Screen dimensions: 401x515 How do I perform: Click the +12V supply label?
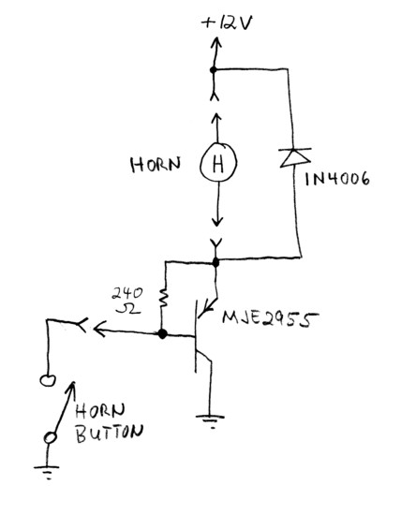coord(227,23)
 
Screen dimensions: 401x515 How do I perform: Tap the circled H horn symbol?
coord(218,163)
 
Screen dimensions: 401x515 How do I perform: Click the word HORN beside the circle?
coord(156,164)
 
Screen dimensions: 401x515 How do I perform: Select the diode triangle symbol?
coord(295,158)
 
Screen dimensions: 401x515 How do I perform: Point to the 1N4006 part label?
coord(337,180)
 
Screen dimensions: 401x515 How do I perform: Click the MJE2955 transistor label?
coord(270,318)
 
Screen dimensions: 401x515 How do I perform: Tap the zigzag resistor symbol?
coord(163,298)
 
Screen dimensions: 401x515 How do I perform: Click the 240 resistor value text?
coord(127,293)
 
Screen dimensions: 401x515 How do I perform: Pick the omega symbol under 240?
coord(128,308)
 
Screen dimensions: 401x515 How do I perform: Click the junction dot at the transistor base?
coord(162,334)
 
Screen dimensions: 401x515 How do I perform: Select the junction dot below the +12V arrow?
coord(214,69)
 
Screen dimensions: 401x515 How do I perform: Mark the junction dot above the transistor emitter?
coord(215,262)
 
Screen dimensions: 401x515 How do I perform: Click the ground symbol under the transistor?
coord(211,421)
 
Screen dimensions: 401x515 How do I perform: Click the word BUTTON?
coord(110,434)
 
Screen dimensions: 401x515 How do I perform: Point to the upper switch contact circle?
coord(48,381)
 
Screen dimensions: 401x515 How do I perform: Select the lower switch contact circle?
coord(51,438)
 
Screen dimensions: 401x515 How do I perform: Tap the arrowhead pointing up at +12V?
coord(216,43)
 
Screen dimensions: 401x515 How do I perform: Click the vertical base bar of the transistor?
coord(196,337)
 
